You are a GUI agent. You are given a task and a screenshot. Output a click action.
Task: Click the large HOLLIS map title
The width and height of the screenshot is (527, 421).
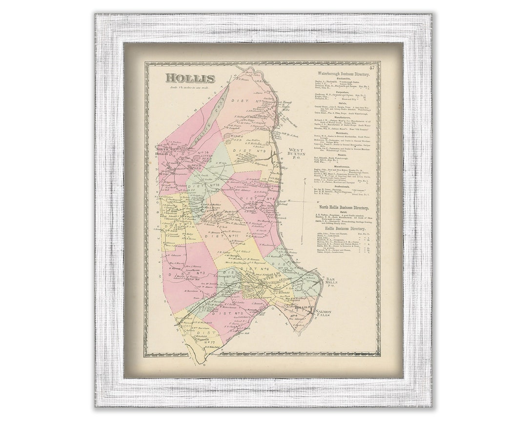tap(190, 78)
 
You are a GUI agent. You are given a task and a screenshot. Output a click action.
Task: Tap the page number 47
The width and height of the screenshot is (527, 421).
tap(372, 68)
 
